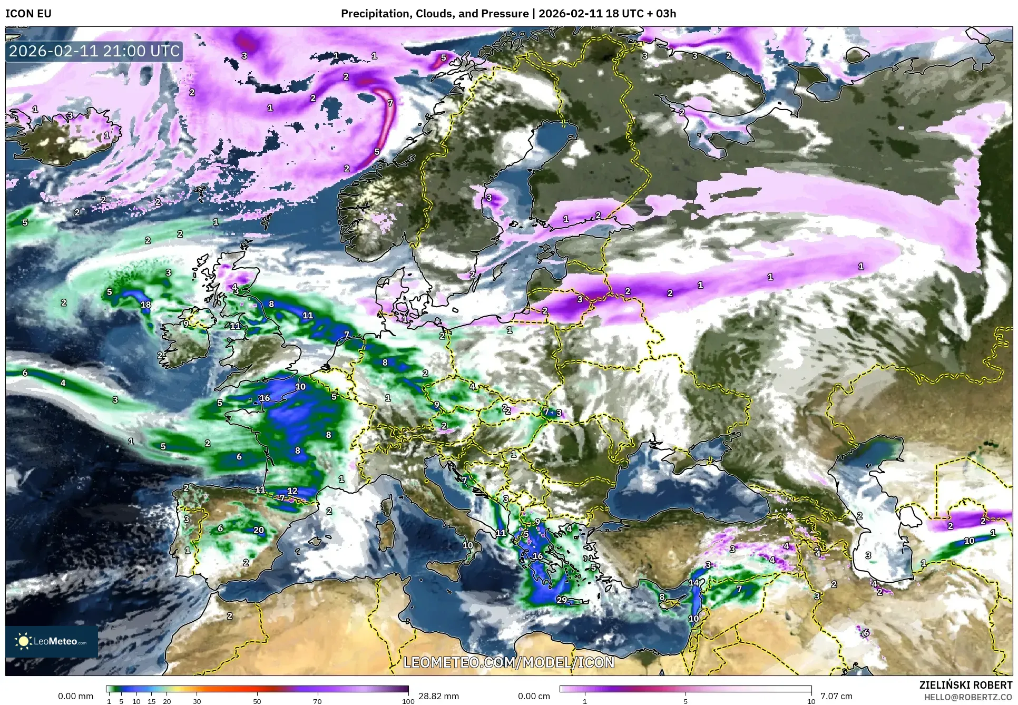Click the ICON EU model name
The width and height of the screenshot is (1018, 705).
(x=28, y=14)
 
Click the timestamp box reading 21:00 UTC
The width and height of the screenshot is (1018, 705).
(x=94, y=52)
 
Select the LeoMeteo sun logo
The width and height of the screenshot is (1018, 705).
(x=23, y=641)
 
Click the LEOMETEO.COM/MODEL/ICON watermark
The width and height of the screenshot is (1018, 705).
(x=508, y=662)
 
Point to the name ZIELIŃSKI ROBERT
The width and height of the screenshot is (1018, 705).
(x=965, y=685)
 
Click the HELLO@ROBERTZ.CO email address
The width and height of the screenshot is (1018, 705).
(x=968, y=697)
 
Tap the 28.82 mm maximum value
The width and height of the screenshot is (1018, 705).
(x=438, y=696)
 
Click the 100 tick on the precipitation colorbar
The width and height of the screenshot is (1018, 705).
(x=408, y=701)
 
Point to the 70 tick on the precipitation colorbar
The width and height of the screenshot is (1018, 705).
(x=317, y=701)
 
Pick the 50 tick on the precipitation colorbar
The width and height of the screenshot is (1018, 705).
(x=257, y=701)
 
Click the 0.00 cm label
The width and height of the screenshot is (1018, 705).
(x=534, y=696)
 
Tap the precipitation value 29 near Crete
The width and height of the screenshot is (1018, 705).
(x=562, y=600)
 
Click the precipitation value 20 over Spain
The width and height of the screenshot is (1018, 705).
(x=258, y=530)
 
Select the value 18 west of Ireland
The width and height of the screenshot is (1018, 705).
(x=146, y=304)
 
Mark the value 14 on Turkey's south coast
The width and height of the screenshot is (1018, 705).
(x=693, y=582)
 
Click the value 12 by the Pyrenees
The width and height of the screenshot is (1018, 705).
(x=292, y=491)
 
